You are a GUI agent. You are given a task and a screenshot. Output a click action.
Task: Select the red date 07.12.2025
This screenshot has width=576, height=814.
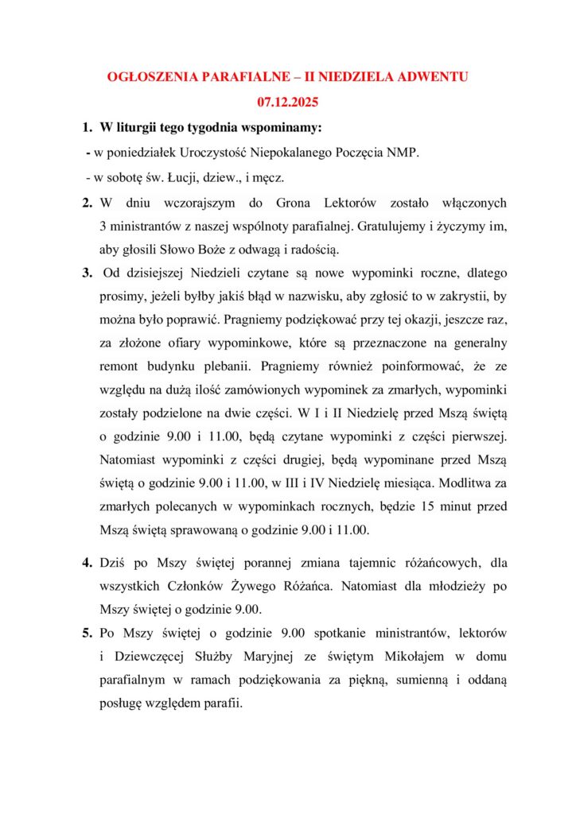288,102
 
